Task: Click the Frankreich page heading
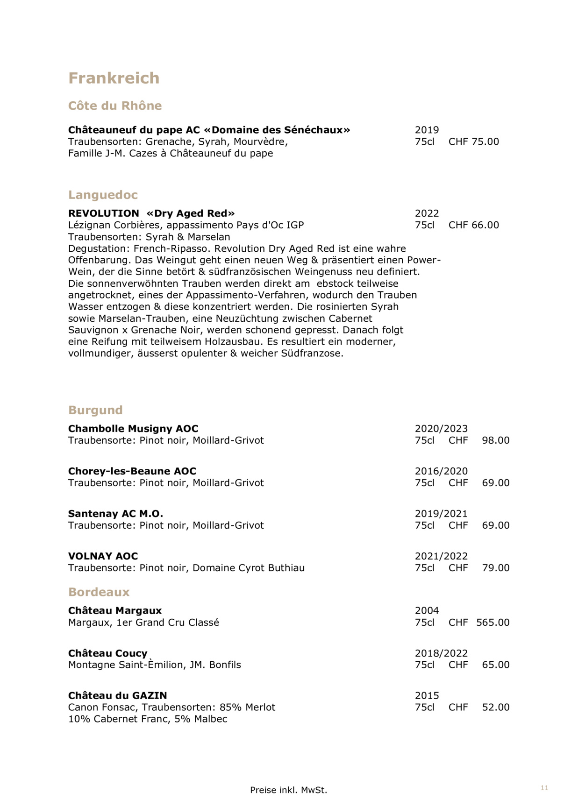pyautogui.click(x=114, y=78)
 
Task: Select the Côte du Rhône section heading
pyautogui.click(x=115, y=106)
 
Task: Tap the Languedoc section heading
pyautogui.click(x=103, y=195)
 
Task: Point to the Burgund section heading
pyautogui.click(x=95, y=410)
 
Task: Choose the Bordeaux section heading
pyautogui.click(x=99, y=592)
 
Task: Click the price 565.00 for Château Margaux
pyautogui.click(x=492, y=623)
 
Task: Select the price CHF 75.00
pyautogui.click(x=473, y=142)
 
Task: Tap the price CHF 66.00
pyautogui.click(x=473, y=225)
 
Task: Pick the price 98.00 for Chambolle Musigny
pyautogui.click(x=495, y=440)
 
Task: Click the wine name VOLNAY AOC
pyautogui.click(x=103, y=556)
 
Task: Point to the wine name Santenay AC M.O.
pyautogui.click(x=115, y=514)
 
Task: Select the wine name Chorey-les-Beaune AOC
pyautogui.click(x=132, y=471)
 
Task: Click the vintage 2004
pyautogui.click(x=427, y=611)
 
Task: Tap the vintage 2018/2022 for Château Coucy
pyautogui.click(x=441, y=653)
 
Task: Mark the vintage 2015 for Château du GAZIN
pyautogui.click(x=427, y=696)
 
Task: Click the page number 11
pyautogui.click(x=544, y=788)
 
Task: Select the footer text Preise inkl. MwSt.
pyautogui.click(x=288, y=790)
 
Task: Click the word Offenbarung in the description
pyautogui.click(x=98, y=260)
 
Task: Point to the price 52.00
pyautogui.click(x=495, y=708)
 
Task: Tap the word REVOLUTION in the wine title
pyautogui.click(x=103, y=213)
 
